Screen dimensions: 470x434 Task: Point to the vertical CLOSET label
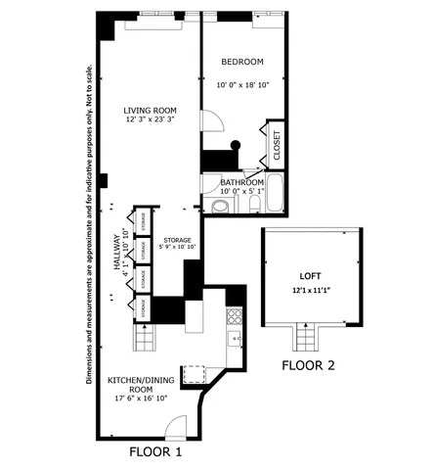click(x=277, y=145)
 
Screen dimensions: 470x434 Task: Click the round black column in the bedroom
click(x=235, y=146)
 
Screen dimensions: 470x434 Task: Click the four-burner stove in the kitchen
click(x=234, y=316)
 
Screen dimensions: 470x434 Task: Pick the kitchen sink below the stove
click(x=235, y=339)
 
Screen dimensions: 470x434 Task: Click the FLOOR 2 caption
click(x=309, y=366)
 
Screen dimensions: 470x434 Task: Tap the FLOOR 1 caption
click(x=156, y=454)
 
